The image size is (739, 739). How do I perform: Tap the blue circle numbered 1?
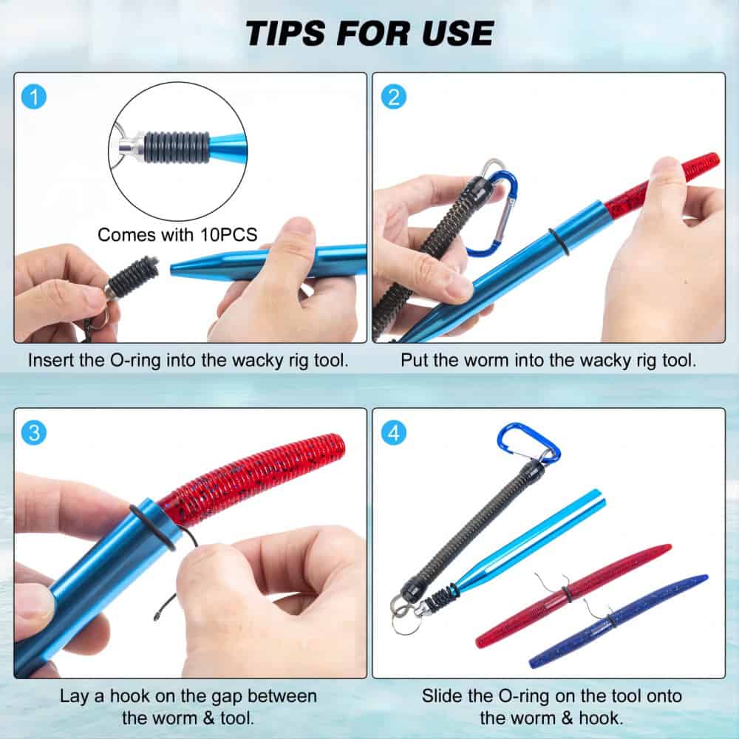(x=34, y=97)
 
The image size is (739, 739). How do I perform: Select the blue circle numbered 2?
(x=394, y=97)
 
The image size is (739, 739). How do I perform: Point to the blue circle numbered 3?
(x=34, y=432)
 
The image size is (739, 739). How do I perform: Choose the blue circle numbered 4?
(x=394, y=432)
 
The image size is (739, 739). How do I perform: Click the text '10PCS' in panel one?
(x=228, y=235)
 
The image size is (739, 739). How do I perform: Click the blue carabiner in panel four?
(x=527, y=440)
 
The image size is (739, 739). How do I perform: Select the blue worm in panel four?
(x=619, y=621)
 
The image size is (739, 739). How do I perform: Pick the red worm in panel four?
(x=573, y=596)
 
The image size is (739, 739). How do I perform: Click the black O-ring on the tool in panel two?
(x=559, y=242)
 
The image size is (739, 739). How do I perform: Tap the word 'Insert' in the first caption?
(x=51, y=361)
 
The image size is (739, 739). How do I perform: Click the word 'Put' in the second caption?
(x=415, y=361)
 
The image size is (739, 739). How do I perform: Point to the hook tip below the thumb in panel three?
(x=157, y=615)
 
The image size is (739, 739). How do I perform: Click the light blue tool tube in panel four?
(x=530, y=541)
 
